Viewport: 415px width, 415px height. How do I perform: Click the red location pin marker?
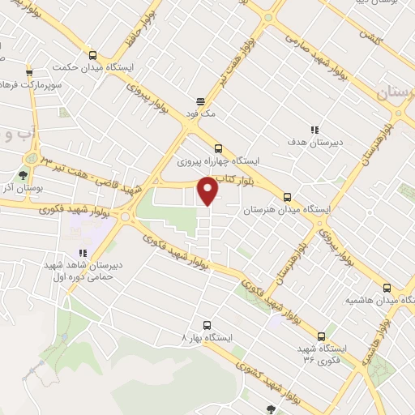(x=208, y=190)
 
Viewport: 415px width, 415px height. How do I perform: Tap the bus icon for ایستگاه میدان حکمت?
(x=92, y=55)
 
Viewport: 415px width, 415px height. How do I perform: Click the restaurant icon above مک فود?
(x=199, y=102)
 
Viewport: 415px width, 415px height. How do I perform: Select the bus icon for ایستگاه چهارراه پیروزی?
(x=217, y=148)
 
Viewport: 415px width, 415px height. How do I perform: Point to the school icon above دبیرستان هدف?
(x=314, y=129)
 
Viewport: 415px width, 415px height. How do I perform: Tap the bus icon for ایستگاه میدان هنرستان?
(x=287, y=196)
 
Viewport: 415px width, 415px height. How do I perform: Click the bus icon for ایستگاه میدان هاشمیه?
(x=387, y=287)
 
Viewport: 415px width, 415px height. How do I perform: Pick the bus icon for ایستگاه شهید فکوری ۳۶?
(x=322, y=335)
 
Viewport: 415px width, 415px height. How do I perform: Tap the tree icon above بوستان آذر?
(x=23, y=173)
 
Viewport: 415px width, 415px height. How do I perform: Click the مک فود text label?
(x=200, y=114)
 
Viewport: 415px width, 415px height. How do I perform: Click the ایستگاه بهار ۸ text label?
(x=208, y=336)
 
